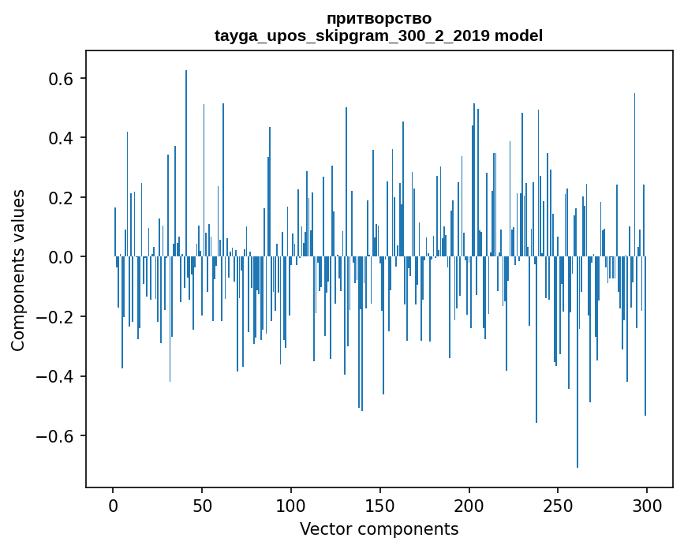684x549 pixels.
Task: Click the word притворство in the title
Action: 379,18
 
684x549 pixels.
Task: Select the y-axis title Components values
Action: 18,270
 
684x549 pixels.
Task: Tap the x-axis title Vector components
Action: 379,528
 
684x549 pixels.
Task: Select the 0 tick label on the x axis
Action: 113,505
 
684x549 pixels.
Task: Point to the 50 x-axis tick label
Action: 202,505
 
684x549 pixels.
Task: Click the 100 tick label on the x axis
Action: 291,505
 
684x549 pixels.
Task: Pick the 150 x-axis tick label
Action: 380,505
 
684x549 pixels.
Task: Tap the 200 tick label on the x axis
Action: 469,505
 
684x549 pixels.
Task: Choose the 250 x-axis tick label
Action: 558,505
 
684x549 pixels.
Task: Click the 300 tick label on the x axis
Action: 647,505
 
